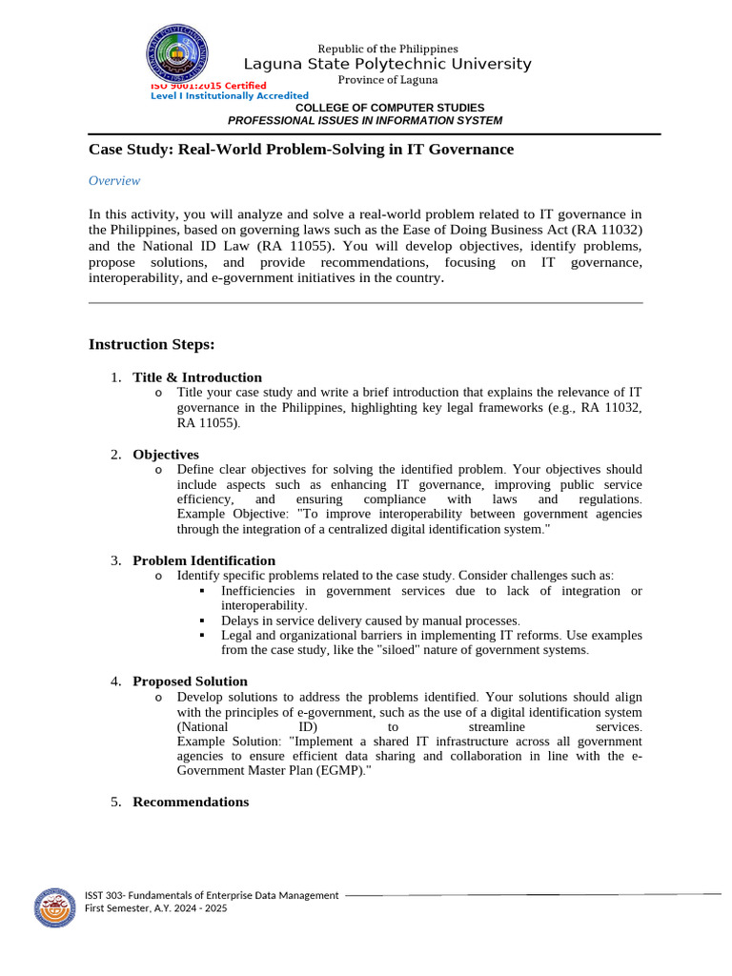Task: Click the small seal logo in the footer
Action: pos(55,908)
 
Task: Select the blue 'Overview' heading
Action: pos(114,181)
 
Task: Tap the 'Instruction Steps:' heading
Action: pos(152,344)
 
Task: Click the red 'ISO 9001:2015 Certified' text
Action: pos(209,86)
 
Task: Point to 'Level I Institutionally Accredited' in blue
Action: pos(230,96)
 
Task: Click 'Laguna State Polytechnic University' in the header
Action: pos(388,64)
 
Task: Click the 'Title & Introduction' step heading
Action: pos(197,377)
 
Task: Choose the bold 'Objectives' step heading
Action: pos(166,455)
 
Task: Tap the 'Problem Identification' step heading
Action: pos(204,560)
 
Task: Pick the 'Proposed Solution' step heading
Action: pos(190,681)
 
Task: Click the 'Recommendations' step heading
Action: pos(191,802)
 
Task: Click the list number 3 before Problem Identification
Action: pos(114,560)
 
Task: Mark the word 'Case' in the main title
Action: pos(107,150)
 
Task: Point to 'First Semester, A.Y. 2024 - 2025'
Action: pos(156,908)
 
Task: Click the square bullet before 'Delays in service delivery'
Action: pos(202,620)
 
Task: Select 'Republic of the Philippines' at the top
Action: pos(388,49)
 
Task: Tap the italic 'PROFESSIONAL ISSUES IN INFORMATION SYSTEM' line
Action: pos(365,121)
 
